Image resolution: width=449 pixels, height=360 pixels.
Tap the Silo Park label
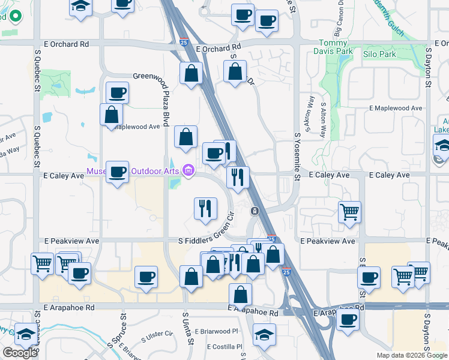379,54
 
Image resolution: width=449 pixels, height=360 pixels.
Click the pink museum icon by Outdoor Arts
188,172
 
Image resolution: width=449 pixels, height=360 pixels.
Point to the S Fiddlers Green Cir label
204,241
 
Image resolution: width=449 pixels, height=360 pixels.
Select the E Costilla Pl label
224,347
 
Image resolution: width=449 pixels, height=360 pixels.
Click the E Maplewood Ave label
399,108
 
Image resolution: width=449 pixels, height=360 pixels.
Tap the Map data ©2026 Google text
412,355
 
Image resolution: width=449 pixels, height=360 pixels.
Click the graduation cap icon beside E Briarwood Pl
264,335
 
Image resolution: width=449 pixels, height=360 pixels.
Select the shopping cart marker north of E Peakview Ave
349,212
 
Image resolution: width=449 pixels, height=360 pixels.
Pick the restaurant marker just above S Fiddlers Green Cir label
205,208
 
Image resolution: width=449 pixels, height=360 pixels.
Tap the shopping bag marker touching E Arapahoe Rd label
240,294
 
